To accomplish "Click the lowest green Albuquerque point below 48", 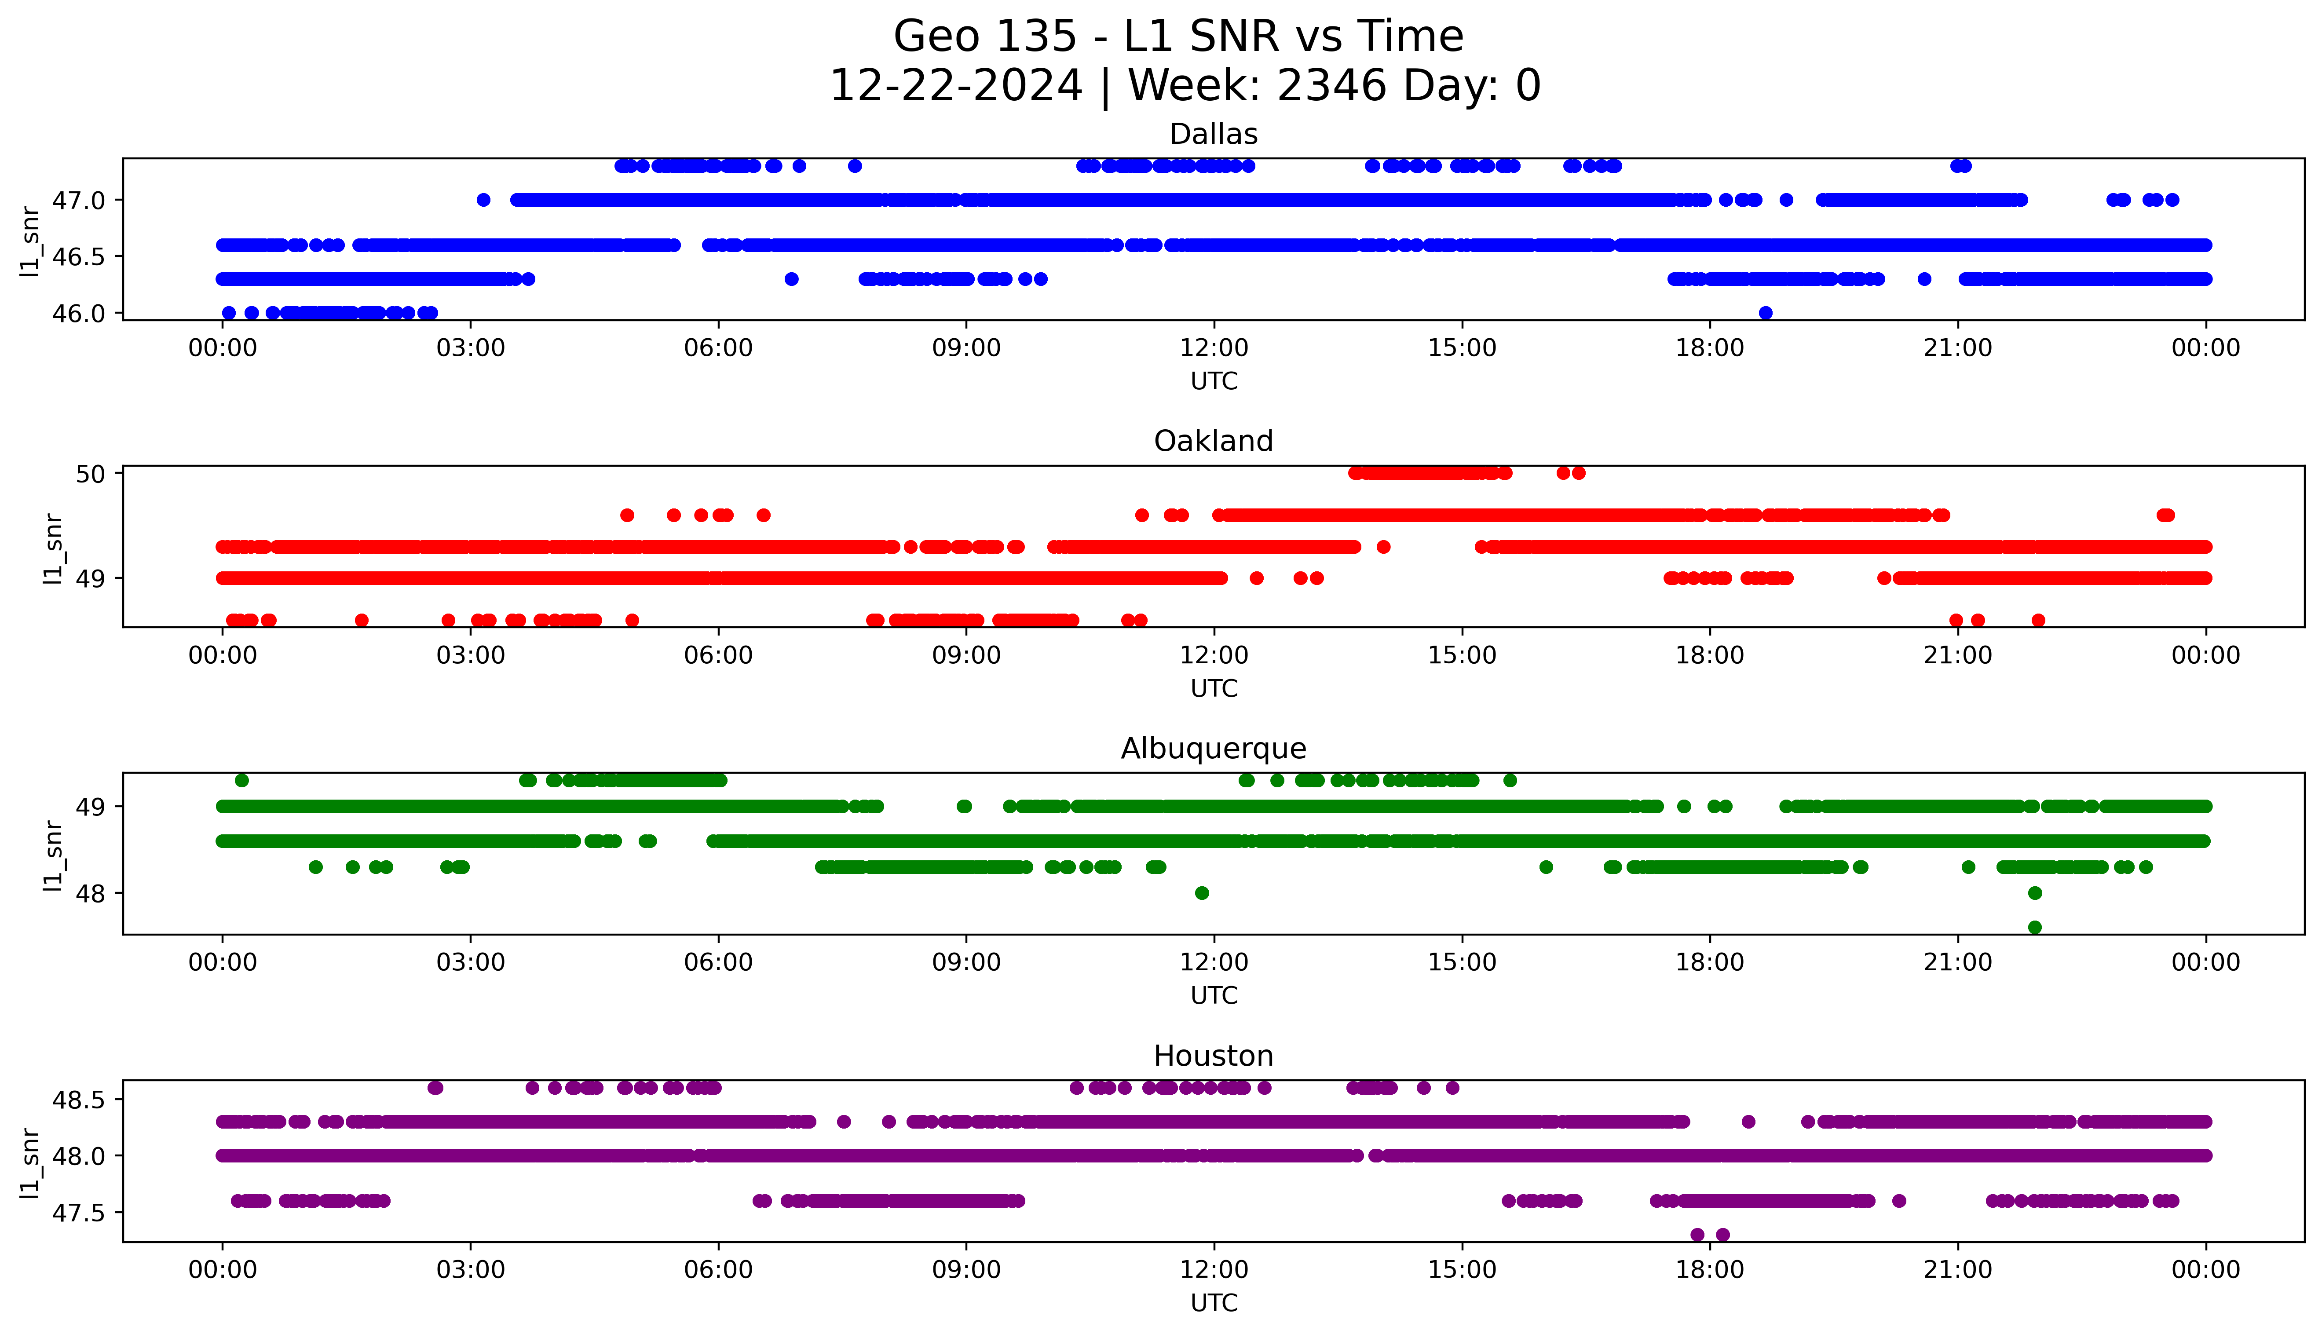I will click(x=2034, y=927).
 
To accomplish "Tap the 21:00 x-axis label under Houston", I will click(x=1957, y=1270).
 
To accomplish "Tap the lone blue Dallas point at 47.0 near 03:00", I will click(x=484, y=200).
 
